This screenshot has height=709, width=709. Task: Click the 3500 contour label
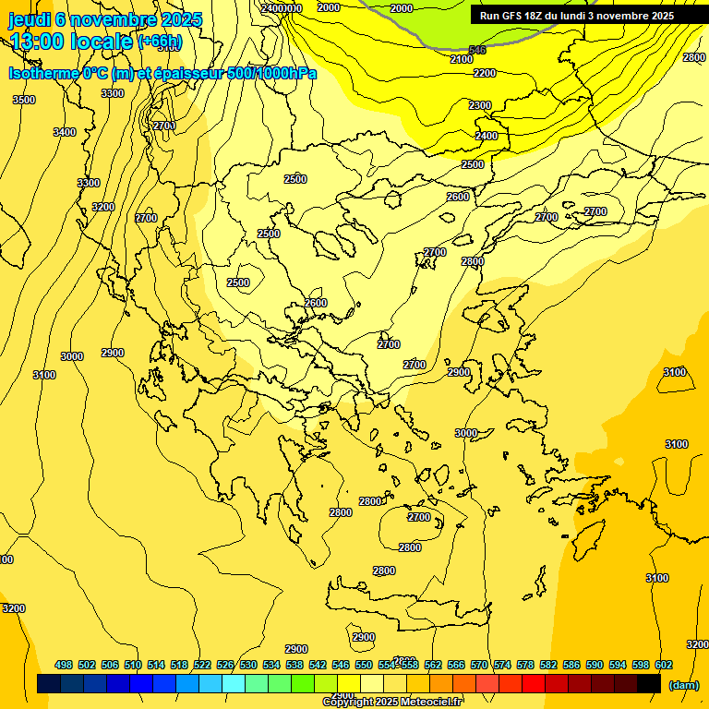(24, 100)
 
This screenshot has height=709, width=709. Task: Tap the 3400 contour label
(65, 132)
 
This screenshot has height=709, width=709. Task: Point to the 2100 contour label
(462, 59)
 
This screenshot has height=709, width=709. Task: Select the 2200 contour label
(484, 73)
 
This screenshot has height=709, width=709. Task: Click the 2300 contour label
(480, 105)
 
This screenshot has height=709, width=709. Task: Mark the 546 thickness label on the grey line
(477, 50)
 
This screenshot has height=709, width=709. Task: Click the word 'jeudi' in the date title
(29, 19)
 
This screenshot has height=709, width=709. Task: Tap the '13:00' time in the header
(38, 42)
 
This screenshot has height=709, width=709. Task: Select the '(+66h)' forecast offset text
(160, 42)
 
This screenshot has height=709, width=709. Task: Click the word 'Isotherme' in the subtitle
(42, 73)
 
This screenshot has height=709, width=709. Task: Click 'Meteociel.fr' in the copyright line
(430, 702)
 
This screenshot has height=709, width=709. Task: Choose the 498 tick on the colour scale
(64, 665)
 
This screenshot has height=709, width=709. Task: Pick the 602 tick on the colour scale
(663, 665)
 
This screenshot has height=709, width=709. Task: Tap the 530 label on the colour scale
(248, 665)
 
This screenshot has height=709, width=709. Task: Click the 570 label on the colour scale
(478, 665)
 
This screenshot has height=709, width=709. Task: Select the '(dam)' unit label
(684, 685)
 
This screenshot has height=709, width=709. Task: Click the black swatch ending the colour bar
(648, 683)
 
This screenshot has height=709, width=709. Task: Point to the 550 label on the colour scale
(364, 665)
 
